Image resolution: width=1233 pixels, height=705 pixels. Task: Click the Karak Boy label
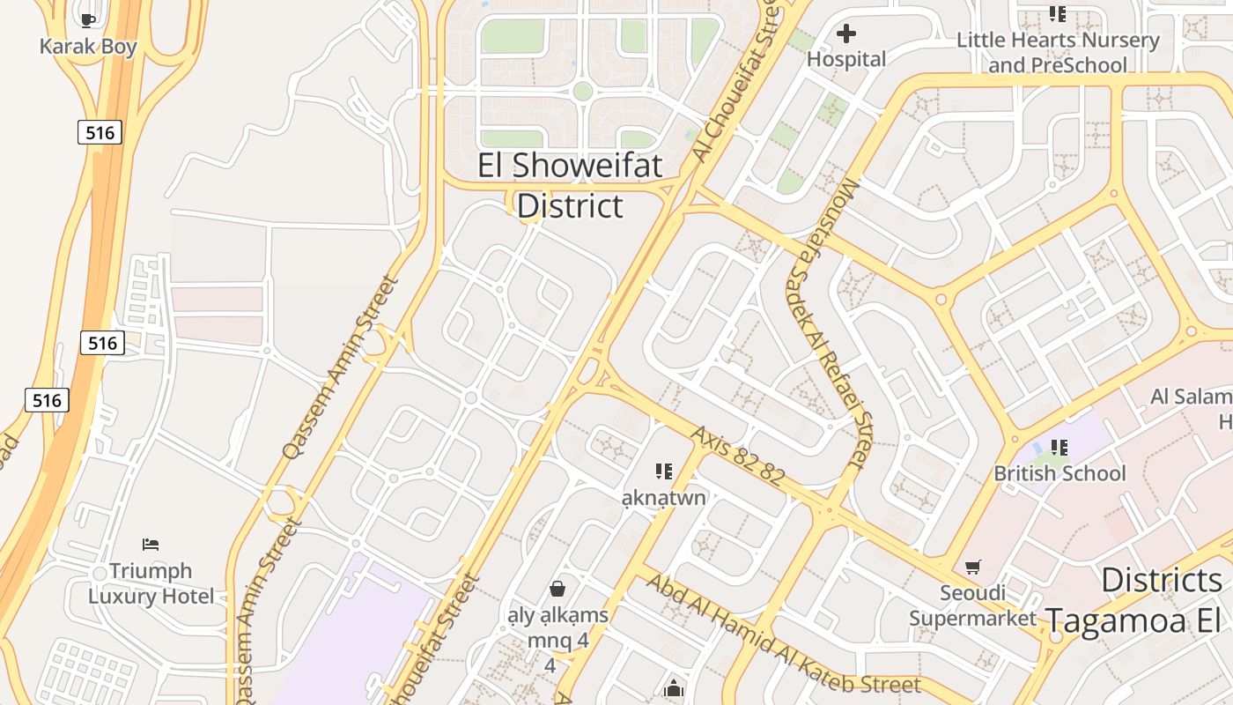tap(88, 47)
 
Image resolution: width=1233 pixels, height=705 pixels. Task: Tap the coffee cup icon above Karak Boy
tap(87, 19)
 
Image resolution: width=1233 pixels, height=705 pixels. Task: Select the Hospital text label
tap(846, 59)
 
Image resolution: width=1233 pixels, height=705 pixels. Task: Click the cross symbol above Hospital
tap(846, 33)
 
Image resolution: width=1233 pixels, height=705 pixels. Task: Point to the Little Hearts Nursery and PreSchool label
tap(1058, 53)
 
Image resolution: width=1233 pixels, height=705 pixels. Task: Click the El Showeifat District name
tap(570, 185)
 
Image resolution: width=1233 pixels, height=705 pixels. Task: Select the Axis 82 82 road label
tap(737, 456)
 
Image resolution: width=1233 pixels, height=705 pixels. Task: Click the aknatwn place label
tap(664, 498)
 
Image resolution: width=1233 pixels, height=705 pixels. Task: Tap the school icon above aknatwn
tap(664, 471)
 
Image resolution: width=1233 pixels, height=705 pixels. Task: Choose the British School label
tap(1059, 473)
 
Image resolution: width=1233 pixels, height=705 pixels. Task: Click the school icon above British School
tap(1059, 448)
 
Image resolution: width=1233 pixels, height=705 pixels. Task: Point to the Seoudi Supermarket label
tap(972, 605)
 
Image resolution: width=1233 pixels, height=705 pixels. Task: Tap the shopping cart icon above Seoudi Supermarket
tap(972, 567)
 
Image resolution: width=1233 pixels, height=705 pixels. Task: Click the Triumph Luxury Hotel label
tap(151, 583)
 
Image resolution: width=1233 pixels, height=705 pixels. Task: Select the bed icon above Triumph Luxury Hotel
tap(151, 545)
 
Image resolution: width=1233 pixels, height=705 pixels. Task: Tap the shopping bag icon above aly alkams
tap(557, 588)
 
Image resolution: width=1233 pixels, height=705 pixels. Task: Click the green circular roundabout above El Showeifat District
tap(582, 91)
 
